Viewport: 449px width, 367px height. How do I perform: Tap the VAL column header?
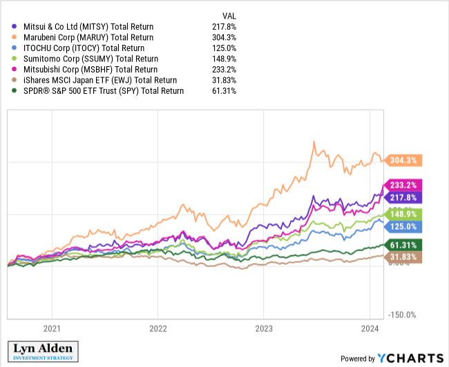(229, 15)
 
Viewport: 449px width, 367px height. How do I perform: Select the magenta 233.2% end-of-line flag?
(403, 186)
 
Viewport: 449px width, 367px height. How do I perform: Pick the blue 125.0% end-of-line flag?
(403, 226)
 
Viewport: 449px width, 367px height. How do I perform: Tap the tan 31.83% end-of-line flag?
(403, 257)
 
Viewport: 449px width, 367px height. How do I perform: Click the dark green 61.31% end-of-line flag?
(403, 246)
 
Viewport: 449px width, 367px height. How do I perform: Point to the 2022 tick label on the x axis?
(158, 329)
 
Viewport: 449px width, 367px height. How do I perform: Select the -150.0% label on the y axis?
(401, 315)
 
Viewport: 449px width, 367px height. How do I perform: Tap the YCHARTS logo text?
(410, 358)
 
